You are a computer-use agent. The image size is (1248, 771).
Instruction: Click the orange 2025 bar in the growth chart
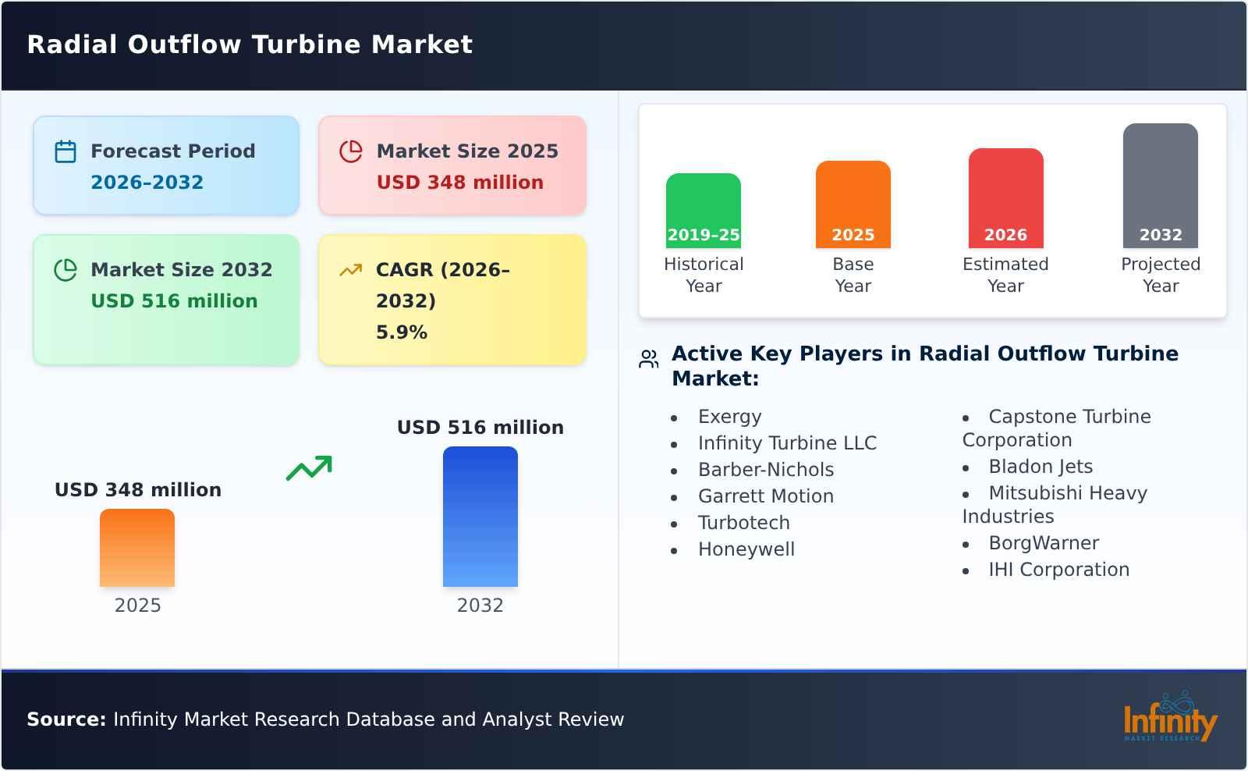pos(137,548)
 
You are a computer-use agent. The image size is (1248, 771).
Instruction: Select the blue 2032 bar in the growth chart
pos(480,517)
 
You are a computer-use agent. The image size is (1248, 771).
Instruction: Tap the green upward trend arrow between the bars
pos(309,468)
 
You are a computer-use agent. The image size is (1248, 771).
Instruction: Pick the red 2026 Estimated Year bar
pos(1005,198)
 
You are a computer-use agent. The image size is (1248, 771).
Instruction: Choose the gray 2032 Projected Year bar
pos(1161,186)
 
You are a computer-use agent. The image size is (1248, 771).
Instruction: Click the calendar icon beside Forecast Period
pos(66,151)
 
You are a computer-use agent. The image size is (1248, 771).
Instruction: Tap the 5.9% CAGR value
pos(402,332)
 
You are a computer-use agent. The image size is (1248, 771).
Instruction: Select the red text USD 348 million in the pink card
pos(460,183)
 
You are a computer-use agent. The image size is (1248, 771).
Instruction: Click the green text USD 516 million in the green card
pos(174,301)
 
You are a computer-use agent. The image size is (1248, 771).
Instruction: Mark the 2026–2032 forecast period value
pos(147,183)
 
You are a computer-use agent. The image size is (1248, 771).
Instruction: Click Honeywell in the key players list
pos(746,549)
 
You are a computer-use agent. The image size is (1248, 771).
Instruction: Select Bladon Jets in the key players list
pos(1041,467)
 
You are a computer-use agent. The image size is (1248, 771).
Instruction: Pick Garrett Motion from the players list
pos(766,496)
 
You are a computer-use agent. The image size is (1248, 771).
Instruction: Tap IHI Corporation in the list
pos(1058,570)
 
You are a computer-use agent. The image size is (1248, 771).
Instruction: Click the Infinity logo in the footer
pos(1169,719)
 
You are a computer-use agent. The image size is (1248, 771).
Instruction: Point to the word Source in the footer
pos(66,719)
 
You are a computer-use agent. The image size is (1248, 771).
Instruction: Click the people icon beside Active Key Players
pos(649,359)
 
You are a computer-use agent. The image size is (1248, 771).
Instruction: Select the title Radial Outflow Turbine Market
pos(250,44)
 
